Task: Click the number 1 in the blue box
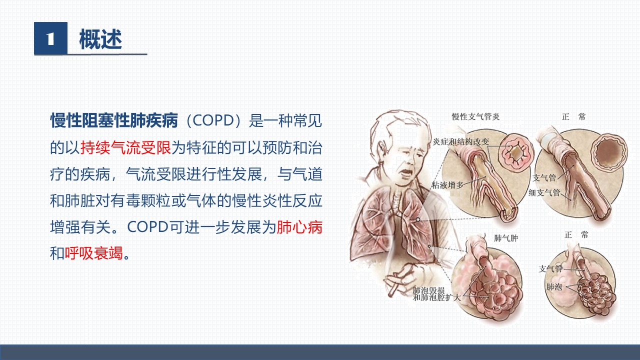(50, 38)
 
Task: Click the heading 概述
(100, 39)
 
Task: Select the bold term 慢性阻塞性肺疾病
(114, 120)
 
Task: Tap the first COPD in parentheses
(213, 120)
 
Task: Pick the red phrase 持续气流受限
(125, 147)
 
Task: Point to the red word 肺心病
(299, 227)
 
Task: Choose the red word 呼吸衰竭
(94, 253)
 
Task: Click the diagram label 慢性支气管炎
(475, 116)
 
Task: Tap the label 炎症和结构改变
(461, 141)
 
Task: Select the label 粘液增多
(447, 185)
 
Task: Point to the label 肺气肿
(505, 238)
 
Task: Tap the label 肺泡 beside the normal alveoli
(554, 286)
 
